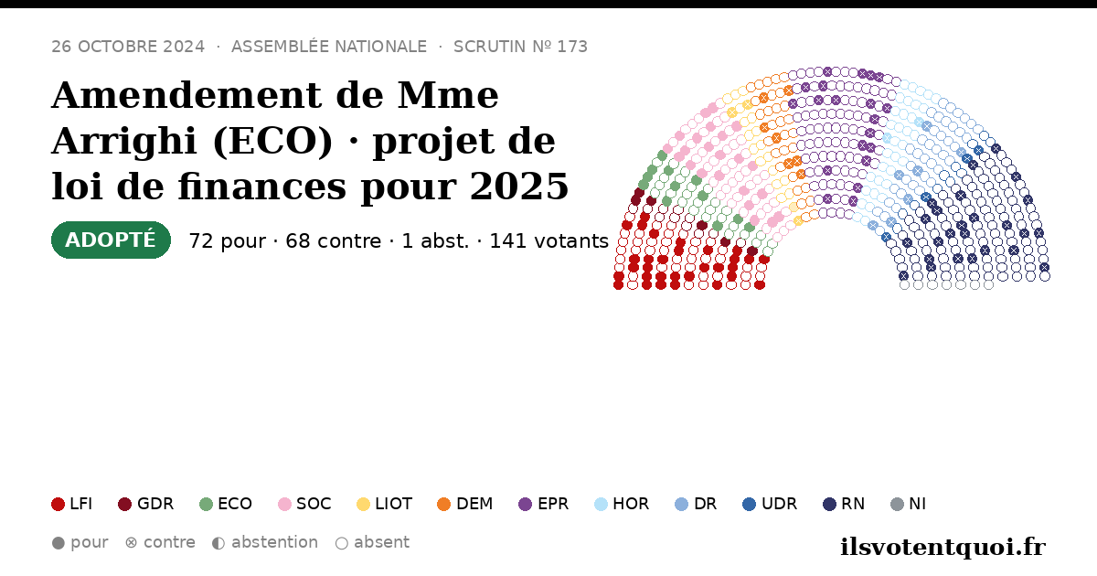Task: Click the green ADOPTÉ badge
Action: (111, 240)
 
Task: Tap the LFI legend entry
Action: (71, 504)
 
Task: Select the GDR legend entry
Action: (146, 504)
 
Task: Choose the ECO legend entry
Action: (226, 504)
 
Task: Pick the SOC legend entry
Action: (304, 504)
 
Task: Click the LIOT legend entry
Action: (385, 504)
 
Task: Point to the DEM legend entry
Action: (464, 504)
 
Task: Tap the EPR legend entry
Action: (544, 504)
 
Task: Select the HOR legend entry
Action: (622, 504)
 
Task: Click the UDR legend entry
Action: (770, 504)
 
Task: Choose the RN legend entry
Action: (844, 504)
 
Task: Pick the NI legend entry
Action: (908, 504)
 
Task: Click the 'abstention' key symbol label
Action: (265, 543)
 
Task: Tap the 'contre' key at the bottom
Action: (160, 543)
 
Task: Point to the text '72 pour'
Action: (228, 241)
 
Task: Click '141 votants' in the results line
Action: (549, 241)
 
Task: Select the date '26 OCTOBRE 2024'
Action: (128, 47)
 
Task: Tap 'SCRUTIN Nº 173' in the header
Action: (520, 47)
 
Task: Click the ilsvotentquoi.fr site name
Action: (943, 547)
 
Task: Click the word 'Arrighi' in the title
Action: (125, 142)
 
